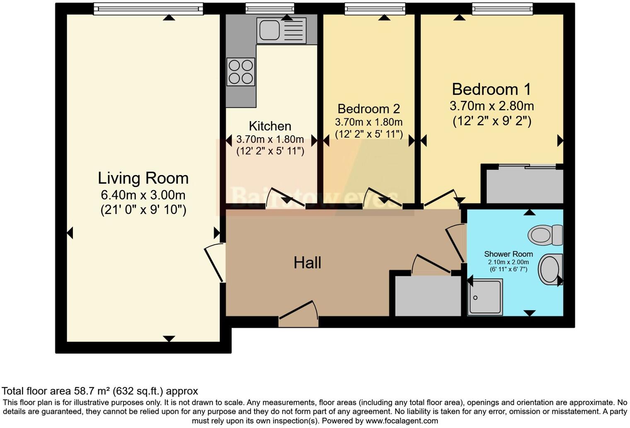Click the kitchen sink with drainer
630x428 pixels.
click(x=281, y=31)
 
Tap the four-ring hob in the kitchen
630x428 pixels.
click(x=241, y=72)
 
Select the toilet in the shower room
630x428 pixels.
click(x=545, y=235)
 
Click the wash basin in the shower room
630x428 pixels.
click(x=550, y=269)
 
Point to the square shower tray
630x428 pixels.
click(x=485, y=297)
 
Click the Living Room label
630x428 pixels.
click(x=143, y=178)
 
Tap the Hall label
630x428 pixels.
click(x=308, y=263)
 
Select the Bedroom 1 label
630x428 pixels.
click(x=492, y=89)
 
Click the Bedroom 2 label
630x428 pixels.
click(x=369, y=109)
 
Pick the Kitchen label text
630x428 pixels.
click(x=270, y=126)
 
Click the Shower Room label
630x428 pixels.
click(x=509, y=254)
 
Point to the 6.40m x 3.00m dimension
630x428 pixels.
click(x=143, y=195)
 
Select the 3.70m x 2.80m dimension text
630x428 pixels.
click(x=492, y=106)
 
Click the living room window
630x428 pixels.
click(x=148, y=9)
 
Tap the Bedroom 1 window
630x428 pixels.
click(x=502, y=9)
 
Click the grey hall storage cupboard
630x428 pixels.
click(x=428, y=296)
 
